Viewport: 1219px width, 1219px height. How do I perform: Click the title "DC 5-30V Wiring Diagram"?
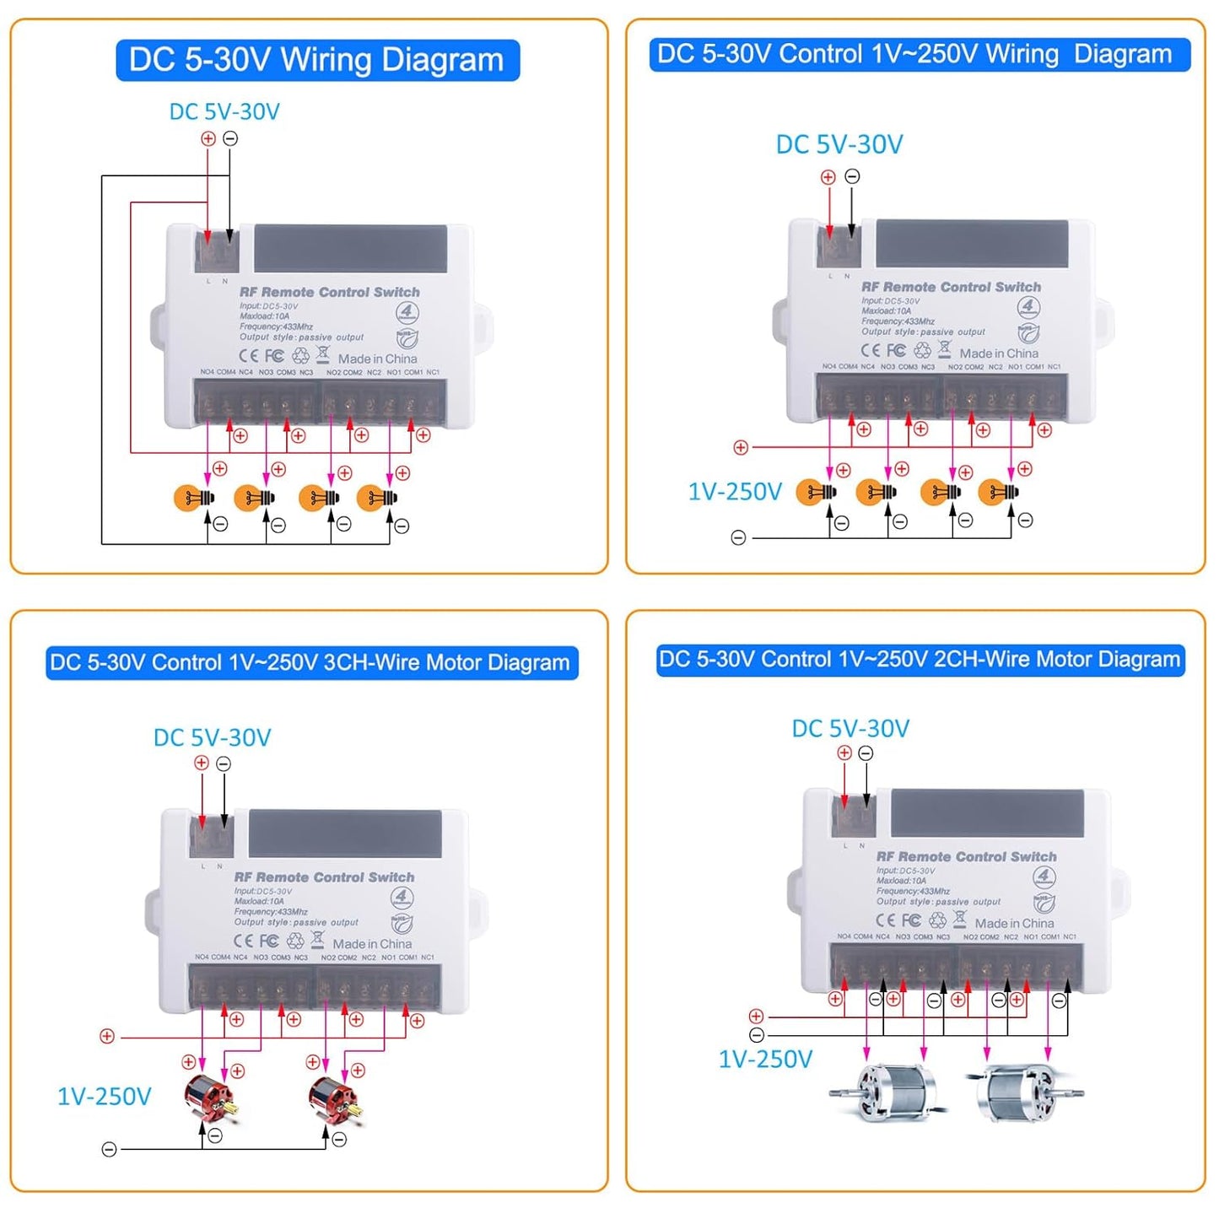pos(316,61)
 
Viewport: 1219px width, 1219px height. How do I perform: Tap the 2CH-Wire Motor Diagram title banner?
pos(920,660)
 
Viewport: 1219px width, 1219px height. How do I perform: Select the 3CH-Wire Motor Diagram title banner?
pos(310,663)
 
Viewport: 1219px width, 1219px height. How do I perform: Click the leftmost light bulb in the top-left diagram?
pos(193,498)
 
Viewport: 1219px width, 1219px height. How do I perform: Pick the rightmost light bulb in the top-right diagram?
pos(998,492)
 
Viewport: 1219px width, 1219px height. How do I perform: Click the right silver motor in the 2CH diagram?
pos(1022,1094)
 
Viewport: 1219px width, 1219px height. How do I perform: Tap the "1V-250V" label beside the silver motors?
pos(765,1060)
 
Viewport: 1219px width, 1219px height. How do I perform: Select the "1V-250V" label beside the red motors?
pos(104,1097)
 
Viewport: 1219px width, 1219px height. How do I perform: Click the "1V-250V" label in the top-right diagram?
pos(735,492)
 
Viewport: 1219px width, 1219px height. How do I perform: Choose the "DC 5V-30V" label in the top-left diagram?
pos(224,112)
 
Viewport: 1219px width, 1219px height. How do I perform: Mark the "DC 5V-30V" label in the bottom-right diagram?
pos(850,729)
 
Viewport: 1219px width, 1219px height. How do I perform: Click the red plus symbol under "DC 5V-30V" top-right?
pos(828,177)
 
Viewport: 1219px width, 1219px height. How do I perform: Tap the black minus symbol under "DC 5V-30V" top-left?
pos(230,138)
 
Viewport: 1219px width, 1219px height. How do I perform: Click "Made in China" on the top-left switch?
pos(377,359)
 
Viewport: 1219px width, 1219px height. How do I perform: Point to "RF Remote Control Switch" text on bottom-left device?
pos(324,877)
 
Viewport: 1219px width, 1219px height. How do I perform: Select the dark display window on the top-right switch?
pos(972,244)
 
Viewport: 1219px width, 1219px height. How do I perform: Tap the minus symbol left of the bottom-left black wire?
pos(109,1150)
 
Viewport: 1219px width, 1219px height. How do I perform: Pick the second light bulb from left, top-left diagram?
pos(253,498)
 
